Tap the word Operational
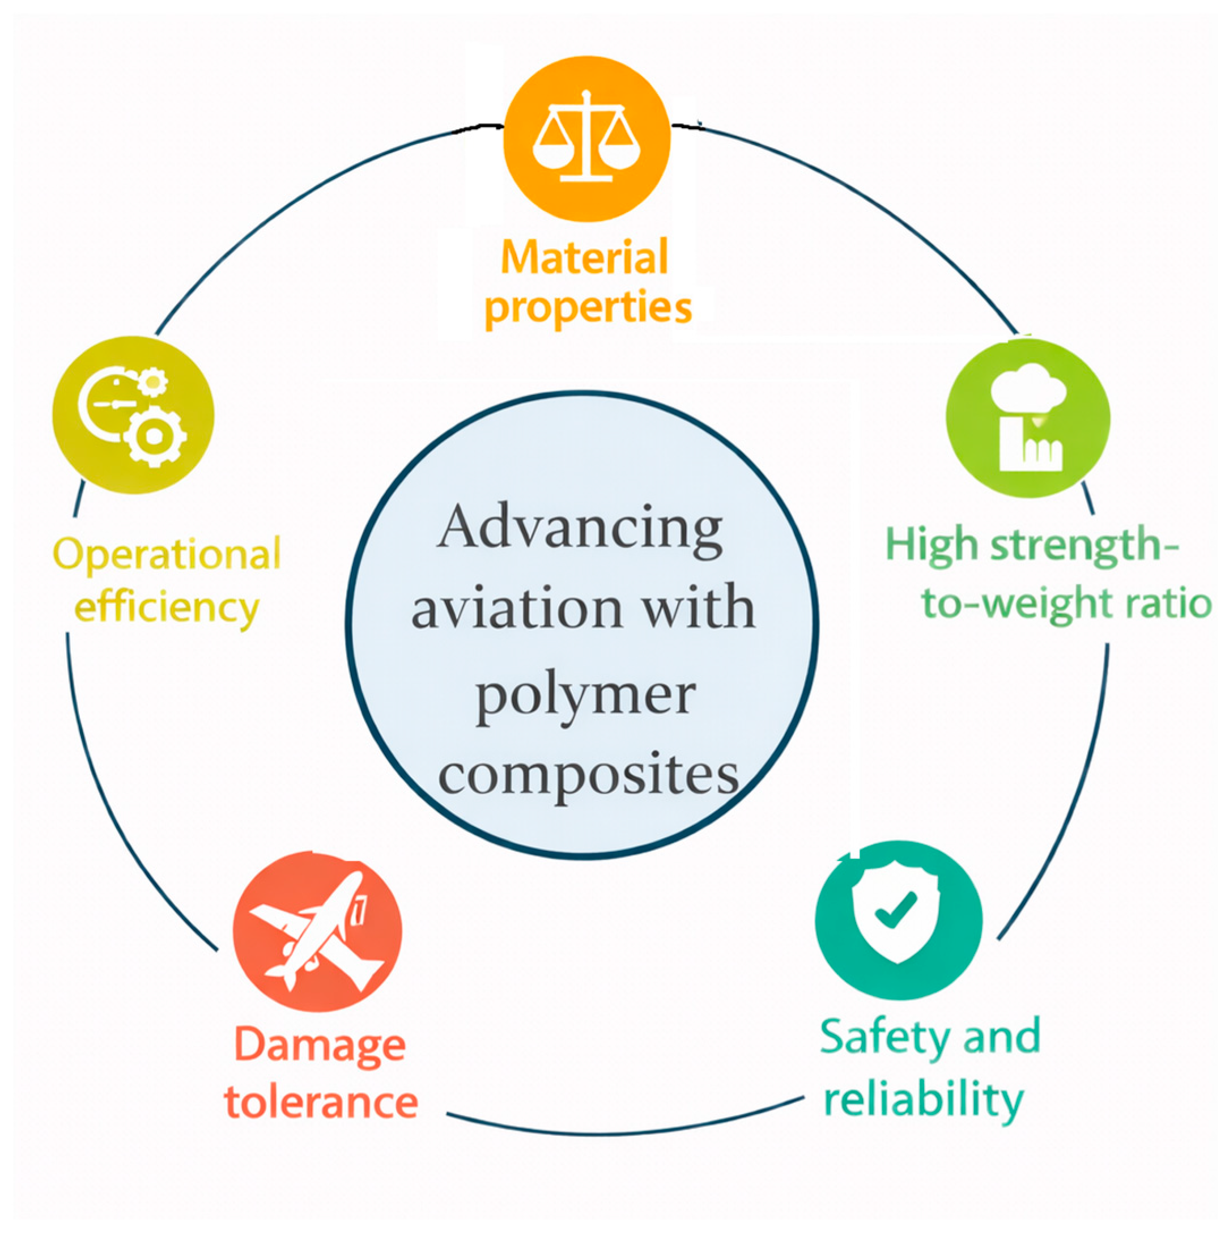pyautogui.click(x=166, y=554)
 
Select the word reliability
pyautogui.click(x=924, y=1101)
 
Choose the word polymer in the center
pyautogui.click(x=585, y=695)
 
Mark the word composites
pyautogui.click(x=588, y=775)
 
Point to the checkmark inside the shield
pyautogui.click(x=896, y=909)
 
